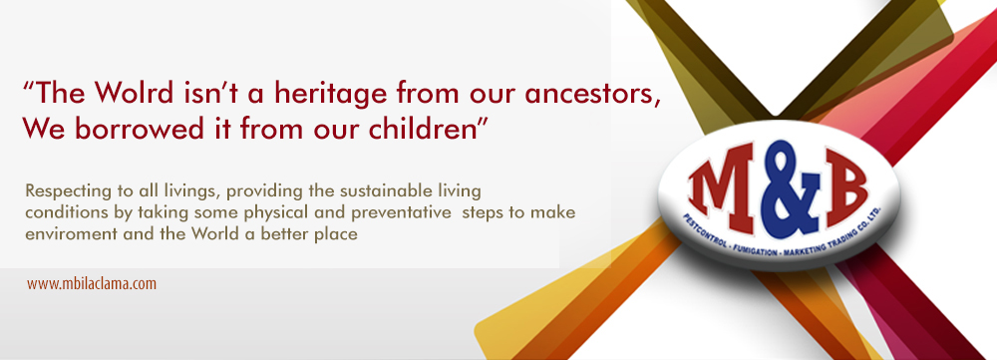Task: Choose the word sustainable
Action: coord(381,190)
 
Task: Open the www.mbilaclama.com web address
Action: coord(92,283)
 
